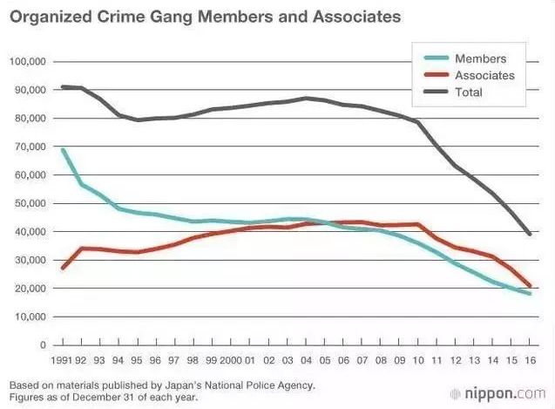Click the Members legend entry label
(x=480, y=58)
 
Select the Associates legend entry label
(x=484, y=75)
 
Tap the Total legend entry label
(x=469, y=92)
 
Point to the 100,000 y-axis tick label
(x=27, y=62)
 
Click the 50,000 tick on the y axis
(x=30, y=204)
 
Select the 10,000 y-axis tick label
(x=30, y=317)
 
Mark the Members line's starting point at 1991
(x=63, y=150)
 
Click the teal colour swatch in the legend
(x=435, y=58)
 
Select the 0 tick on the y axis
(x=42, y=345)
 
